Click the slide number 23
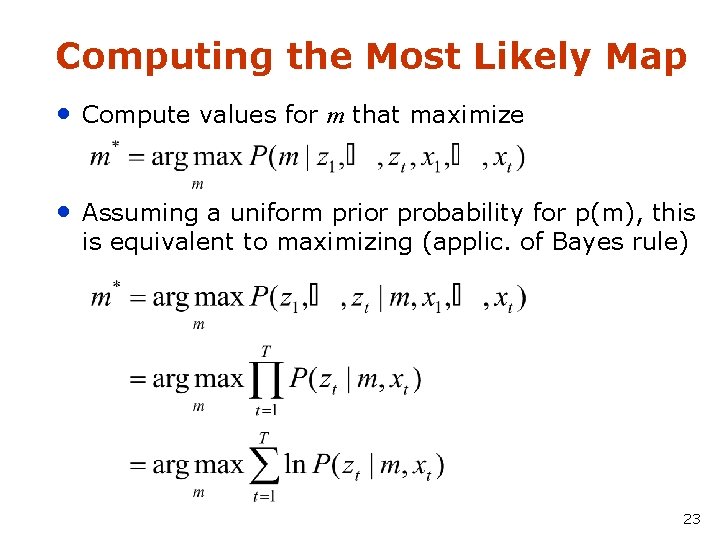[x=691, y=519]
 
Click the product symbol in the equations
[x=264, y=380]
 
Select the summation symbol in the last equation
[x=264, y=465]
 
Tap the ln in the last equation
[x=295, y=465]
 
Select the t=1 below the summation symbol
[x=265, y=495]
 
